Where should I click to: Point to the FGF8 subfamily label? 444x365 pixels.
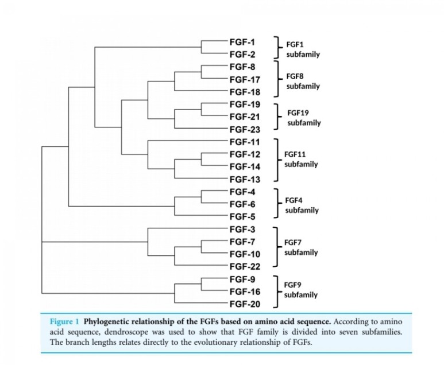303,81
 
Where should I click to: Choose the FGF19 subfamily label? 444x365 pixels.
304,118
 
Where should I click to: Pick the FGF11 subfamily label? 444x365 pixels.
301,159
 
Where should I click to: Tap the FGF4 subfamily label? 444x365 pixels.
302,205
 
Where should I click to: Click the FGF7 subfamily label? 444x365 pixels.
301,247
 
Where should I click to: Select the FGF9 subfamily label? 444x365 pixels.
301,290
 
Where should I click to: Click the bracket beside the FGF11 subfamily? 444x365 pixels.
277,160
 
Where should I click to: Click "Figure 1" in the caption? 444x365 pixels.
62,320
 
